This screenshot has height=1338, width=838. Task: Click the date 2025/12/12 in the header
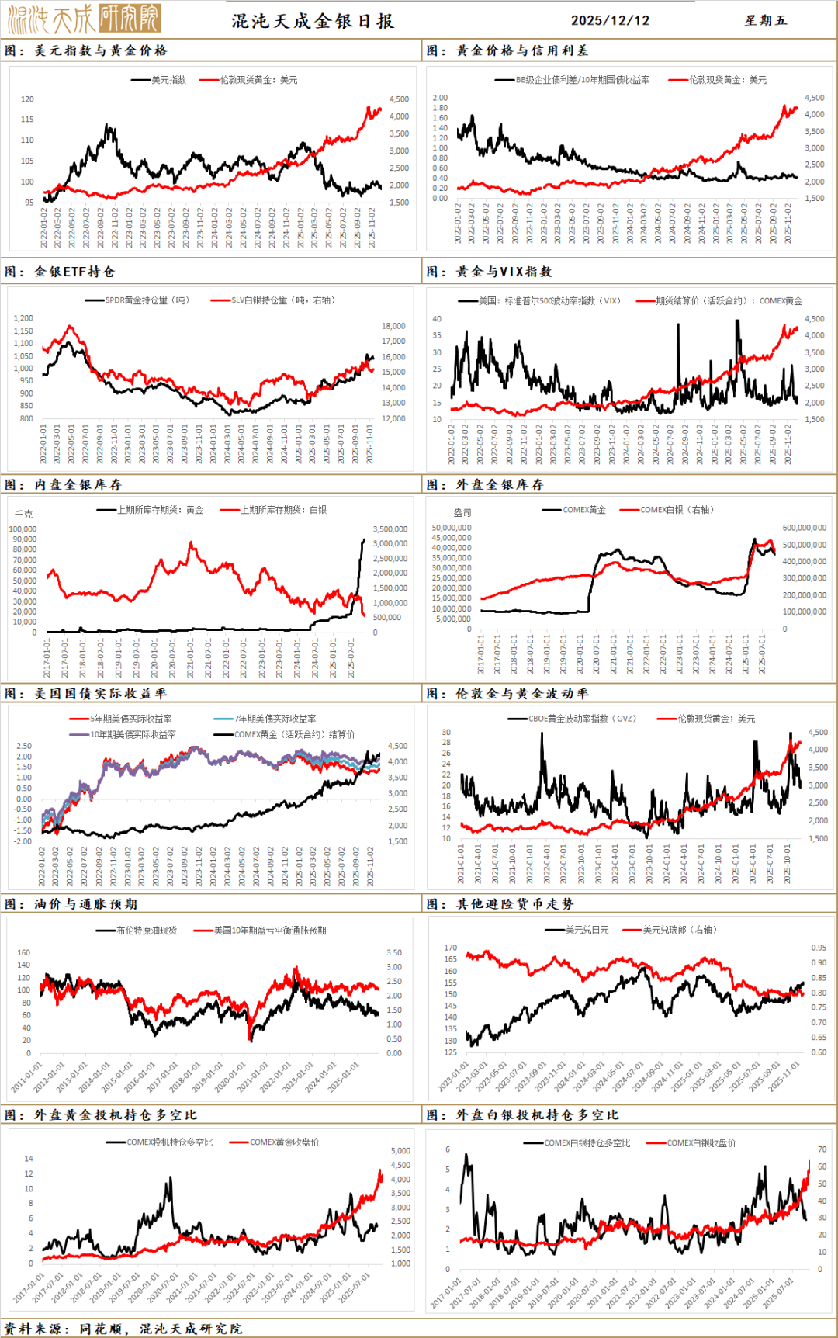tap(610, 21)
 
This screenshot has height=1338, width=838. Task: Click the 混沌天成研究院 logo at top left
tap(84, 19)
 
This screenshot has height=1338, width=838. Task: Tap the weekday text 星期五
tap(766, 21)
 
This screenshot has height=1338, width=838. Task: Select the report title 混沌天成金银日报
tap(313, 21)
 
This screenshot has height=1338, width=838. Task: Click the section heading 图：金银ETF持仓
tap(60, 272)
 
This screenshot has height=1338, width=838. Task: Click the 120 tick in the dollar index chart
tap(27, 99)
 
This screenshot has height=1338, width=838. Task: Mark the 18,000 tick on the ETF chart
tap(393, 326)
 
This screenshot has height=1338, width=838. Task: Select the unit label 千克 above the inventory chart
tap(24, 514)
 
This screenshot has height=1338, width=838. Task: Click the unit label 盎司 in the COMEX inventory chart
tap(462, 512)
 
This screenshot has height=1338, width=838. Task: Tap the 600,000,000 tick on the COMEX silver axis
tap(805, 528)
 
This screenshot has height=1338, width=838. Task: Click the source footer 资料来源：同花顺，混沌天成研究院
tap(123, 1329)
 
